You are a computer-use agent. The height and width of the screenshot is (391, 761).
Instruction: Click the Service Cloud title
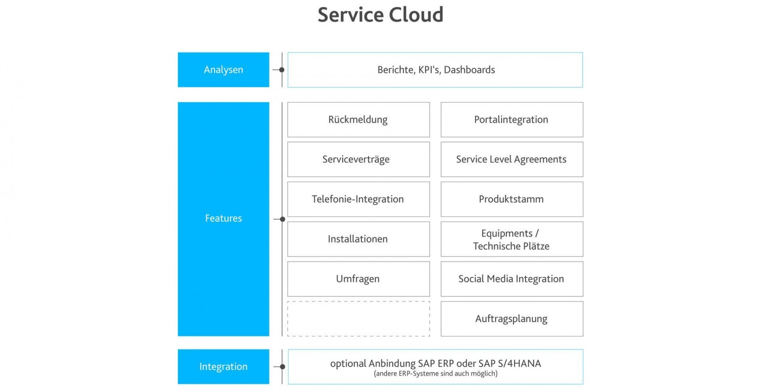[380, 15]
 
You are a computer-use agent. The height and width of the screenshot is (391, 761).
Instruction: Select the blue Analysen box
[223, 70]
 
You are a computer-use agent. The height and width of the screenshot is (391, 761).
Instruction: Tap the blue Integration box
[223, 367]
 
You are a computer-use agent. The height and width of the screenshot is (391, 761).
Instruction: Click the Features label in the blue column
[223, 218]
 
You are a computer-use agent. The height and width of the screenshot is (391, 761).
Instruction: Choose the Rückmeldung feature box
[358, 119]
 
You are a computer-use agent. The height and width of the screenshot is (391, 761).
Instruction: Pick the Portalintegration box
[512, 119]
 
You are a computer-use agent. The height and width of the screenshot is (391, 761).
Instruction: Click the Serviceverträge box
[358, 159]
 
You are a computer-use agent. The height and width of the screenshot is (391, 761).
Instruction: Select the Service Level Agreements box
[512, 159]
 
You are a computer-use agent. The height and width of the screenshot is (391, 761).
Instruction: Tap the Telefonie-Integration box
[358, 199]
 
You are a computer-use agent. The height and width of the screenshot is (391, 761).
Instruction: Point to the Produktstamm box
[512, 199]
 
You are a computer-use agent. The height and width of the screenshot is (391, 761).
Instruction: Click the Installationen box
[358, 239]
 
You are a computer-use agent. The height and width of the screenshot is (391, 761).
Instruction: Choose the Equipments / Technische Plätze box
[512, 239]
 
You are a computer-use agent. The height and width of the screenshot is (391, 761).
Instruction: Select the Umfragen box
[358, 279]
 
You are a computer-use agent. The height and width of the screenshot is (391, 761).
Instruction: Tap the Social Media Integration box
[512, 279]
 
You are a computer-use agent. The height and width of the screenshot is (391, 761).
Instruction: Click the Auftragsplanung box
[512, 319]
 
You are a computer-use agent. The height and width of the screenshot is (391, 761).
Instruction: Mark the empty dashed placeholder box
[358, 319]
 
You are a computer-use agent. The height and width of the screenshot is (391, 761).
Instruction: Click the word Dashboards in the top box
[469, 70]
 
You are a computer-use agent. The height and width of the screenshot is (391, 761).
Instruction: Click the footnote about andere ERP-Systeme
[435, 374]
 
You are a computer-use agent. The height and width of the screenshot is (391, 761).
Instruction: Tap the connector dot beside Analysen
[282, 70]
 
